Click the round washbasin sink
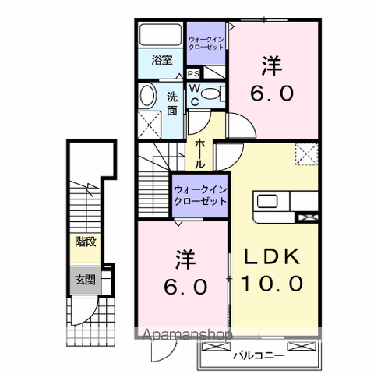[x=146, y=97]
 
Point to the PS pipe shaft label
[x=192, y=73]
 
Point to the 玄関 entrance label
[x=85, y=280]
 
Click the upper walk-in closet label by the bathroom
[x=207, y=43]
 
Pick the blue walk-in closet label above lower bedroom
[x=200, y=195]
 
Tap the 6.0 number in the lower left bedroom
[x=185, y=286]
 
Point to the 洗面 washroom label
[x=172, y=103]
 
